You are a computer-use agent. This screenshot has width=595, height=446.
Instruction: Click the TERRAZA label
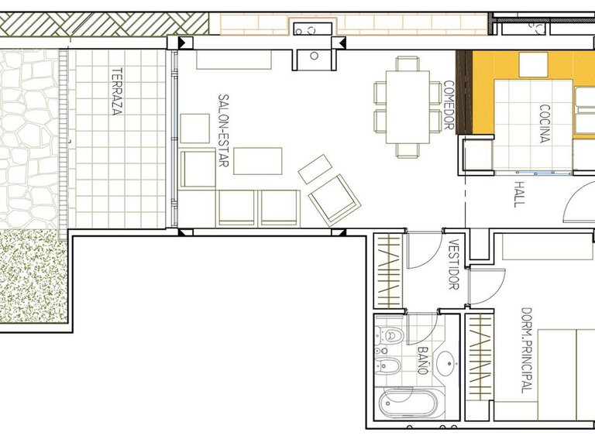pyautogui.click(x=117, y=92)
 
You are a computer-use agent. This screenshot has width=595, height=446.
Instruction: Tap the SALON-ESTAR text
pyautogui.click(x=222, y=131)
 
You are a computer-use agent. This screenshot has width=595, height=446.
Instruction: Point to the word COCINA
pyautogui.click(x=544, y=124)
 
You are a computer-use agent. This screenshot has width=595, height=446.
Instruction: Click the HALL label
pyautogui.click(x=519, y=193)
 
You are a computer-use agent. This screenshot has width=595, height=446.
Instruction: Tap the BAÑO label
pyautogui.click(x=423, y=361)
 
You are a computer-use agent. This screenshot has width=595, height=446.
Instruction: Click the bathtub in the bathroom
pyautogui.click(x=411, y=404)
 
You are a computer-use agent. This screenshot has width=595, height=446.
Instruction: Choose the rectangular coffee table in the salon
pyautogui.click(x=258, y=162)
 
